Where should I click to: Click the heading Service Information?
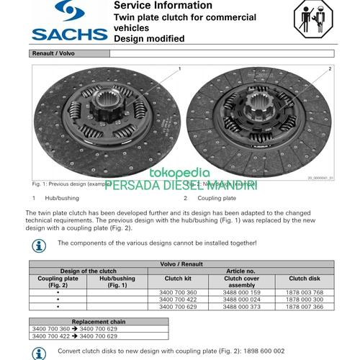(x=158, y=6)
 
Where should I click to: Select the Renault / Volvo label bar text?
(x=53, y=53)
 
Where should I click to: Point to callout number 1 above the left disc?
(x=179, y=68)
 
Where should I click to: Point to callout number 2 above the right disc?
(x=330, y=68)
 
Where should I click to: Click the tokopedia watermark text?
(x=179, y=173)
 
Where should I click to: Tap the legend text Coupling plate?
(x=217, y=197)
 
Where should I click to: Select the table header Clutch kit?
(x=178, y=277)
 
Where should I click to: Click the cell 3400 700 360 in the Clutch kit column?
(x=177, y=292)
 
